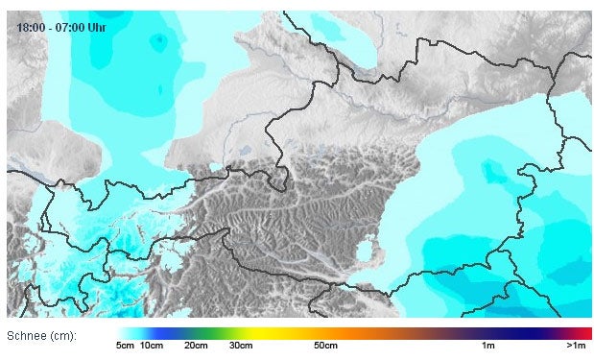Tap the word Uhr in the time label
(97, 27)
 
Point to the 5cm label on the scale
(125, 345)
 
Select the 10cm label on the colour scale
(152, 345)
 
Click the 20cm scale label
(197, 345)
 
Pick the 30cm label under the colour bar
(241, 345)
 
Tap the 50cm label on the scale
(325, 345)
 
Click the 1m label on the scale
(488, 345)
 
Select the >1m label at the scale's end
(576, 345)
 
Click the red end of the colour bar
(585, 332)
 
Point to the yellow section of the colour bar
(278, 332)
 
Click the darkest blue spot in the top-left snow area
(157, 39)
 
